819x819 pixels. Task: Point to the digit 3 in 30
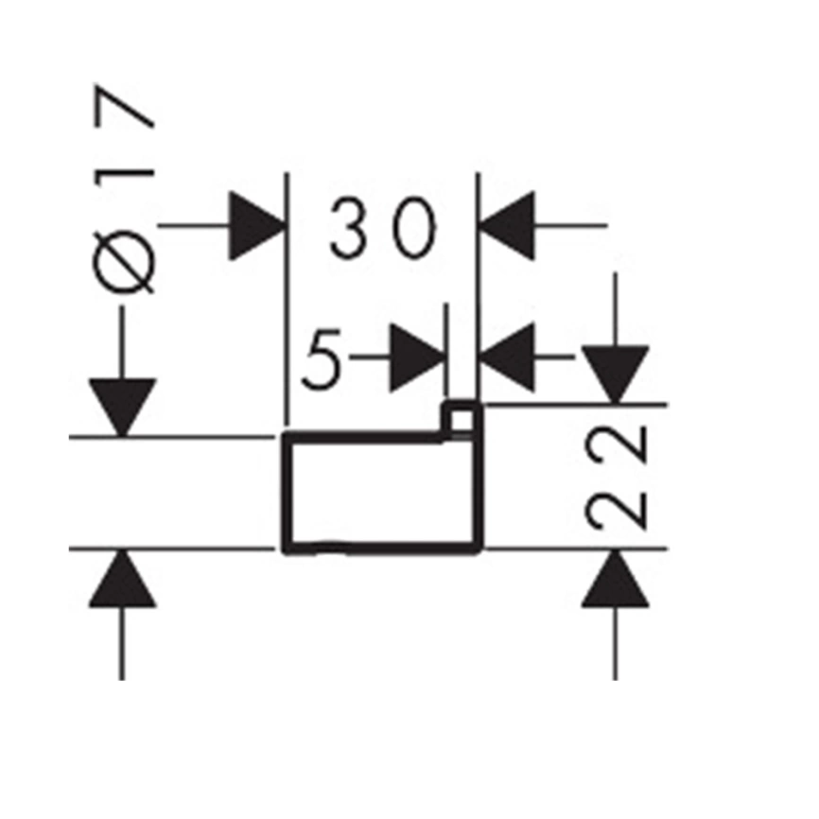[348, 228]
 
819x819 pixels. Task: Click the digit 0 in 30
[414, 228]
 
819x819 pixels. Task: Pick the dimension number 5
[322, 359]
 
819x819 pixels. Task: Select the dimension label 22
[617, 478]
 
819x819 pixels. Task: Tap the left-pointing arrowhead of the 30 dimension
[507, 226]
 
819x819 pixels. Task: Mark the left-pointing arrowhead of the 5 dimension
[507, 357]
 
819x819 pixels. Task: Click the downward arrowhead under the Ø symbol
[122, 408]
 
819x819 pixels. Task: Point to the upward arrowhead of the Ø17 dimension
[122, 579]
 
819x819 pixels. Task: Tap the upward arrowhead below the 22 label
[616, 579]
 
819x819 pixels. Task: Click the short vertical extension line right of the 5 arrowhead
[446, 350]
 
